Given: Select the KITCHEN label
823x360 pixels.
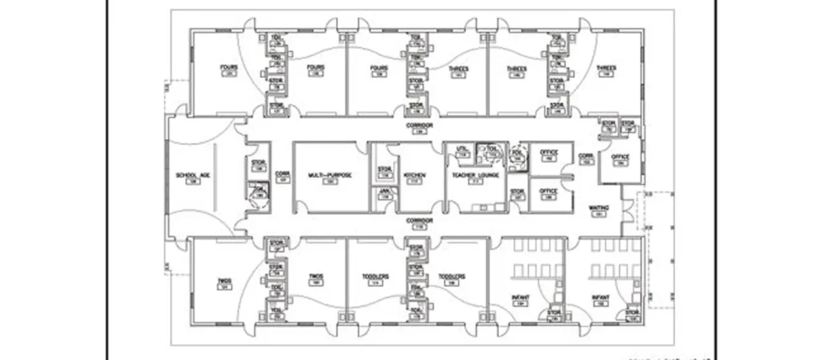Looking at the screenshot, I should (415, 174).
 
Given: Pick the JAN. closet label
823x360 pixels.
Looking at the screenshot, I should (384, 191).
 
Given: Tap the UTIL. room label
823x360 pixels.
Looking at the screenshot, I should (462, 149).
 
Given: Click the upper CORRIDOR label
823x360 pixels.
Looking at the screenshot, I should (419, 126).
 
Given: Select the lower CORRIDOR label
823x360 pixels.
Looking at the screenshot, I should (419, 220).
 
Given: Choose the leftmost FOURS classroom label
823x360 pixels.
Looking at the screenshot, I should (228, 68).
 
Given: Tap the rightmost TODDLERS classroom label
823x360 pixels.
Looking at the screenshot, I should (452, 278).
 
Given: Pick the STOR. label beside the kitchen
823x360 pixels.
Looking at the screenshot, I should (384, 169).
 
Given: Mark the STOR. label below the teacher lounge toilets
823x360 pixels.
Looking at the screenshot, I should (517, 191).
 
